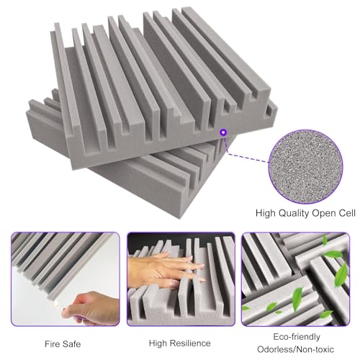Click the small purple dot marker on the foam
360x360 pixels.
pyautogui.click(x=224, y=132)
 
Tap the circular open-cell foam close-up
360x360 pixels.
pyautogui.click(x=305, y=167)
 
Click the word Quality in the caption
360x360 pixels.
pyautogui.click(x=292, y=213)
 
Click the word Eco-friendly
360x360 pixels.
pyautogui.click(x=297, y=337)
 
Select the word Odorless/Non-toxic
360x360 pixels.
pyautogui.click(x=295, y=349)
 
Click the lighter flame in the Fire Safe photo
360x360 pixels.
pyautogui.click(x=57, y=304)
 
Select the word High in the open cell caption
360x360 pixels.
pyautogui.click(x=264, y=213)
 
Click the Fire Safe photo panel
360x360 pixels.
pyautogui.click(x=66, y=279)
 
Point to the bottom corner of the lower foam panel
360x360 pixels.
pyautogui.click(x=178, y=218)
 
